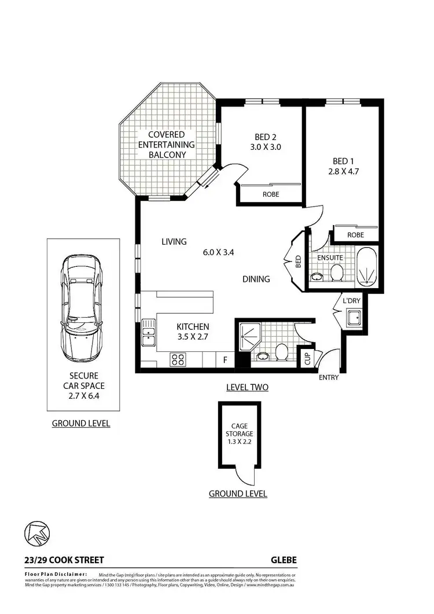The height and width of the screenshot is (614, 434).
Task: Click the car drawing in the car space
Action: pos(83,306)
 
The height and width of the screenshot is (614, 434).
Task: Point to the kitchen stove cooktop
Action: pos(177,359)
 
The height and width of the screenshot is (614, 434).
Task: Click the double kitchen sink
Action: pos(148,334)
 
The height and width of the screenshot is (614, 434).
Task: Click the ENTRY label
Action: pos(329,378)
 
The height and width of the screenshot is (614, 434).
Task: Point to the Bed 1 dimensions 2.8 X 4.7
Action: pos(340,171)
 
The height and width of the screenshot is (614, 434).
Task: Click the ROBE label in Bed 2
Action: pos(270,195)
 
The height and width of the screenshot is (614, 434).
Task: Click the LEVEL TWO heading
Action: pos(247,387)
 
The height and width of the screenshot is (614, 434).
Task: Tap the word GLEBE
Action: pos(284,560)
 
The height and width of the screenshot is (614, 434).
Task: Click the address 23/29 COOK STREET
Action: pos(64,560)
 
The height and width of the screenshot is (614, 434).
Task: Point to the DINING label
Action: pos(256,280)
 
